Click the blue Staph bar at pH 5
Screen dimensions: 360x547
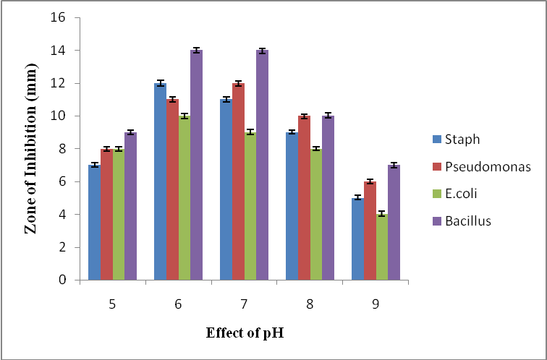point(94,223)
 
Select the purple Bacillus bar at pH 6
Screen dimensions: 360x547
point(196,165)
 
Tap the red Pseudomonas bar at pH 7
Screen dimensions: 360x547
point(238,181)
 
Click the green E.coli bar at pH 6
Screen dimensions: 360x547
point(185,198)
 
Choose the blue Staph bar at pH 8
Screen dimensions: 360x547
point(292,206)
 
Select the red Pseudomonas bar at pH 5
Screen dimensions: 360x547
point(106,215)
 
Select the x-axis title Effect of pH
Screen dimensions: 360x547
point(242,334)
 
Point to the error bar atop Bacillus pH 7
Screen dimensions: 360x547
point(262,51)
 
